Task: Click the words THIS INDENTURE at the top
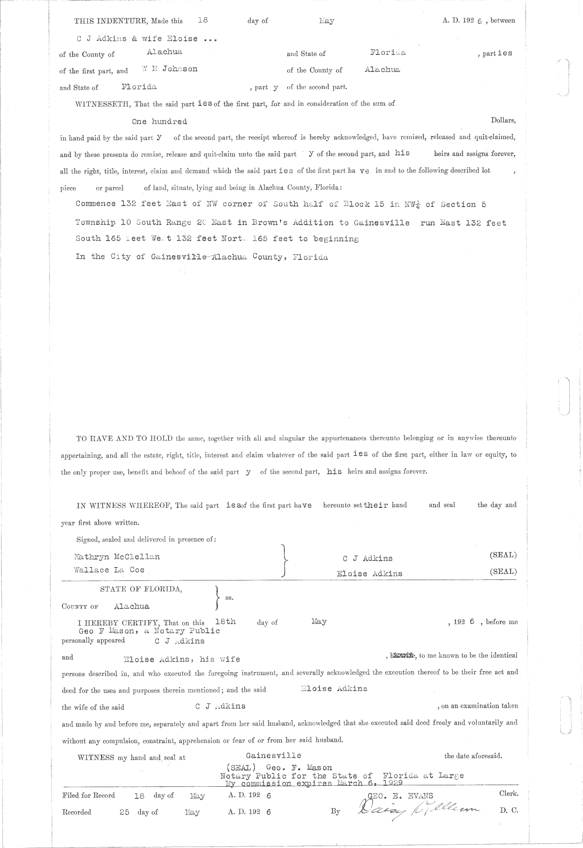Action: pyautogui.click(x=104, y=21)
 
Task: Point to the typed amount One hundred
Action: pyautogui.click(x=159, y=121)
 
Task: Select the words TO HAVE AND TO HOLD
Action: pyautogui.click(x=124, y=438)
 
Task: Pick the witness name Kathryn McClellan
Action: pyautogui.click(x=117, y=557)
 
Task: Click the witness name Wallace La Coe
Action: pyautogui.click(x=109, y=570)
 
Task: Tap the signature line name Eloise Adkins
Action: pyautogui.click(x=369, y=573)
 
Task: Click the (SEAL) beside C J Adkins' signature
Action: pyautogui.click(x=503, y=555)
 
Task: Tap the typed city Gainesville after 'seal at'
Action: pyautogui.click(x=274, y=756)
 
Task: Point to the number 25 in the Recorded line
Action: pyautogui.click(x=124, y=812)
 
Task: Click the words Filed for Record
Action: pyautogui.click(x=88, y=796)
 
